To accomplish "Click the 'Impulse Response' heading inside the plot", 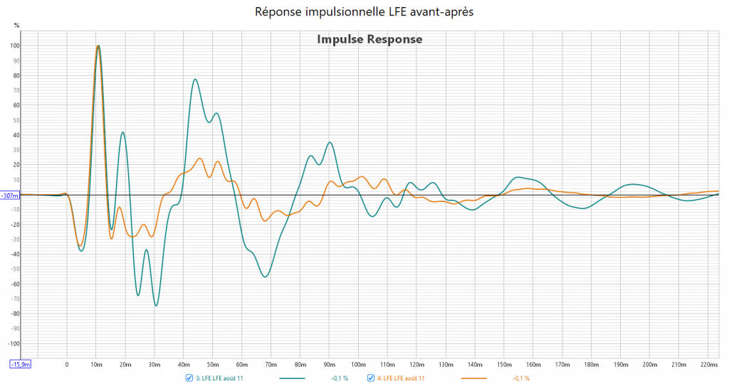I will point(369,39).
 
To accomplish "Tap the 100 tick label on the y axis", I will point(14,46).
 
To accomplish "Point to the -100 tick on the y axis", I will point(13,343).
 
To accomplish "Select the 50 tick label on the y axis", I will point(16,120).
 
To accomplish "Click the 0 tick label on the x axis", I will point(67,365).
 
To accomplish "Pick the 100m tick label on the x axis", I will point(358,365).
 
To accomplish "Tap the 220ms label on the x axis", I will point(709,365).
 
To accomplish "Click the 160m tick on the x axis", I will point(533,365).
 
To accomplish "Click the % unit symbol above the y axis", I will point(16,24).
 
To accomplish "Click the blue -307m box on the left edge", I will point(10,195).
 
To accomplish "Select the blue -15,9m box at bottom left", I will point(19,365).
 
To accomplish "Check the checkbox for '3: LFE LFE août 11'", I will point(189,378).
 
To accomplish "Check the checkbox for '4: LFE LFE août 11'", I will point(371,378).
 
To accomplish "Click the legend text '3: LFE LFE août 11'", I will point(219,378).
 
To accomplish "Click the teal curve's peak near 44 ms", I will point(195,80).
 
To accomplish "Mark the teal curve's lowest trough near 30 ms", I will point(156,306).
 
